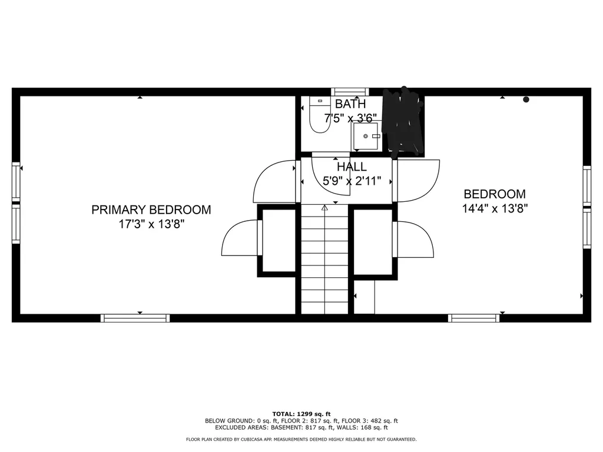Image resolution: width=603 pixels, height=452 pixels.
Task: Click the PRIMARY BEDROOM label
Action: point(151,210)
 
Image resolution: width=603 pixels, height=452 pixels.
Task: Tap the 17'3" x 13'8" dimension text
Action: point(151,224)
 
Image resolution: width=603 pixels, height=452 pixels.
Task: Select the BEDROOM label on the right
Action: point(495,194)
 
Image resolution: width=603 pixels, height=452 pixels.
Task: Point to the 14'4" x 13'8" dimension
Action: point(495,208)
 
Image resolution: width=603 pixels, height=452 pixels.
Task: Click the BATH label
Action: point(350,104)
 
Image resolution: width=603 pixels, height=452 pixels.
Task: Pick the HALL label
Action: point(352,167)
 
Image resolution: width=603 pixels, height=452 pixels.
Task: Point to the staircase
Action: point(324,259)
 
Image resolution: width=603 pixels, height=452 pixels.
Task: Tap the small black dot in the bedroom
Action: point(526,99)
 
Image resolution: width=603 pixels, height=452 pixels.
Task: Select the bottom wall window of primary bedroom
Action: point(135,318)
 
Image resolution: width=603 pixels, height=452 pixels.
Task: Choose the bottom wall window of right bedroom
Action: point(474,318)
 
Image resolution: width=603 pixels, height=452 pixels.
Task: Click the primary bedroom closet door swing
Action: point(240,238)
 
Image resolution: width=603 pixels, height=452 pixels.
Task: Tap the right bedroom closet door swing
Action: point(415,238)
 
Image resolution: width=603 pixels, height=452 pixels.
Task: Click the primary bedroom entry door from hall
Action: point(274,182)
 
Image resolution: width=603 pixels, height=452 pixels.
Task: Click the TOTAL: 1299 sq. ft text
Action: point(301,414)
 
